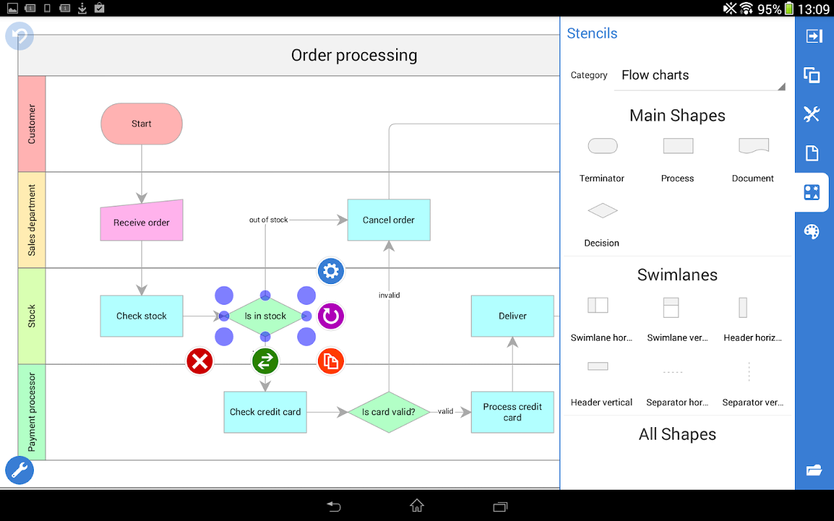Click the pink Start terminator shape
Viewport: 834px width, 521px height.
(x=141, y=124)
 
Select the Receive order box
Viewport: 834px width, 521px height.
(x=141, y=221)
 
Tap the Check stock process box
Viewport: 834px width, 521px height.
(x=141, y=316)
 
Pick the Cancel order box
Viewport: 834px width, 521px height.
(x=388, y=220)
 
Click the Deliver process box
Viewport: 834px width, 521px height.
(x=512, y=316)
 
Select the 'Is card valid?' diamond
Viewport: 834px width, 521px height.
(x=388, y=412)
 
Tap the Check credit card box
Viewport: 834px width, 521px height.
(x=265, y=412)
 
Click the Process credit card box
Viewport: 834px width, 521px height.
(x=512, y=412)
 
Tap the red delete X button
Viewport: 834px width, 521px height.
(x=199, y=361)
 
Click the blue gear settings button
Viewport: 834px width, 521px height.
(x=331, y=271)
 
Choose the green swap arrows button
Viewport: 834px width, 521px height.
(x=265, y=361)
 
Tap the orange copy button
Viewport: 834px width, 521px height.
(x=331, y=361)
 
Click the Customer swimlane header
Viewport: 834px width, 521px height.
(x=31, y=124)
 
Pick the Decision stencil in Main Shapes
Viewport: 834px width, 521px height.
(x=602, y=210)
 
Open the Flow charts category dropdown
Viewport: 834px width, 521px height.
(x=700, y=76)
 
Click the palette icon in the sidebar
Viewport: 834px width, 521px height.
(x=812, y=231)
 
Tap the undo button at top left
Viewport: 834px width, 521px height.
(x=20, y=36)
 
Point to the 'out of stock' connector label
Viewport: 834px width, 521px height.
(x=268, y=220)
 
